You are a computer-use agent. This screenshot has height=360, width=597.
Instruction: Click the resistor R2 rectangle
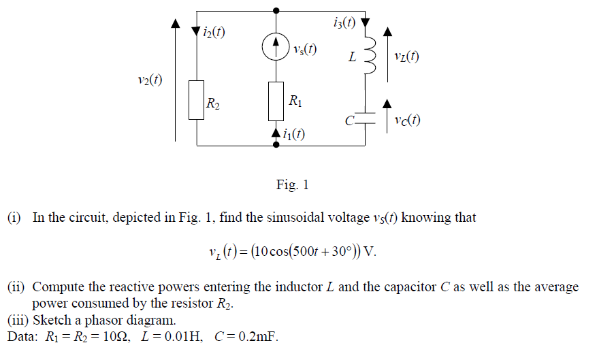click(x=197, y=100)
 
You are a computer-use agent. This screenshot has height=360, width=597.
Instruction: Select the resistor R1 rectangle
click(x=275, y=99)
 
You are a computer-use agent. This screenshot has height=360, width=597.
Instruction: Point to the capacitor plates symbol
click(x=368, y=118)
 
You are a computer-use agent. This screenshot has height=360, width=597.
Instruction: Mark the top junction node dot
click(x=275, y=10)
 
